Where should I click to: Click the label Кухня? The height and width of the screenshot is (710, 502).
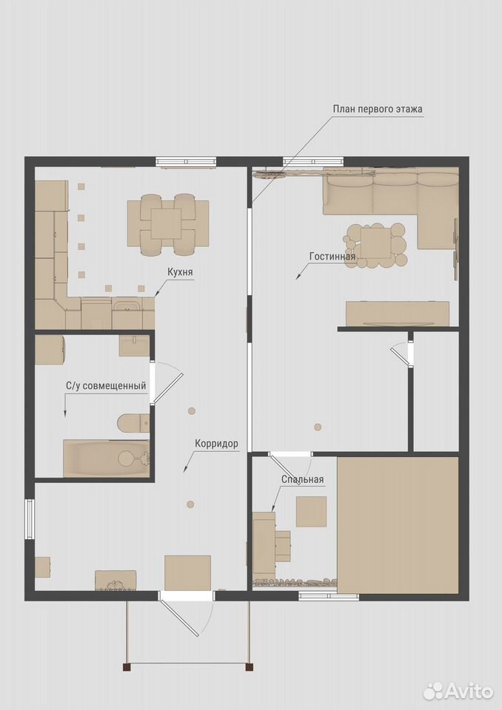click(x=180, y=272)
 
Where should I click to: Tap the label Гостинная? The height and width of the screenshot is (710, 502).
click(x=332, y=257)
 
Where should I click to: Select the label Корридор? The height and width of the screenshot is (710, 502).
click(x=216, y=443)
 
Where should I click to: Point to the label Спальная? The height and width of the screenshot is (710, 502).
click(x=303, y=479)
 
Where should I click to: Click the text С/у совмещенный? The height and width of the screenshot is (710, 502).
click(x=106, y=386)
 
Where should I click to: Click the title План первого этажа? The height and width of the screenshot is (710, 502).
click(x=378, y=109)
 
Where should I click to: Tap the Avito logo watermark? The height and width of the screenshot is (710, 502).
click(x=458, y=691)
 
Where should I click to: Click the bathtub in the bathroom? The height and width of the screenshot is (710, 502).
click(x=106, y=459)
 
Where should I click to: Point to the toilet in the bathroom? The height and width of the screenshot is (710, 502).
click(x=133, y=423)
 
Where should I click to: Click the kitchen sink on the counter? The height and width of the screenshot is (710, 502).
click(x=127, y=305)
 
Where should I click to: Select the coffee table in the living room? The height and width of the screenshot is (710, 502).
click(x=375, y=246)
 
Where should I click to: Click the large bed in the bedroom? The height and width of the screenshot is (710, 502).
click(x=398, y=525)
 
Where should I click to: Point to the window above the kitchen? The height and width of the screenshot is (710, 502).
click(x=185, y=161)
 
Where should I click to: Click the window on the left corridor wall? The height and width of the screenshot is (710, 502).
click(x=30, y=518)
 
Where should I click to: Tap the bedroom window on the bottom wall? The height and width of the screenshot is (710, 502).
click(x=329, y=596)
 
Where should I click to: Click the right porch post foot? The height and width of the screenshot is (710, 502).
click(x=249, y=666)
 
